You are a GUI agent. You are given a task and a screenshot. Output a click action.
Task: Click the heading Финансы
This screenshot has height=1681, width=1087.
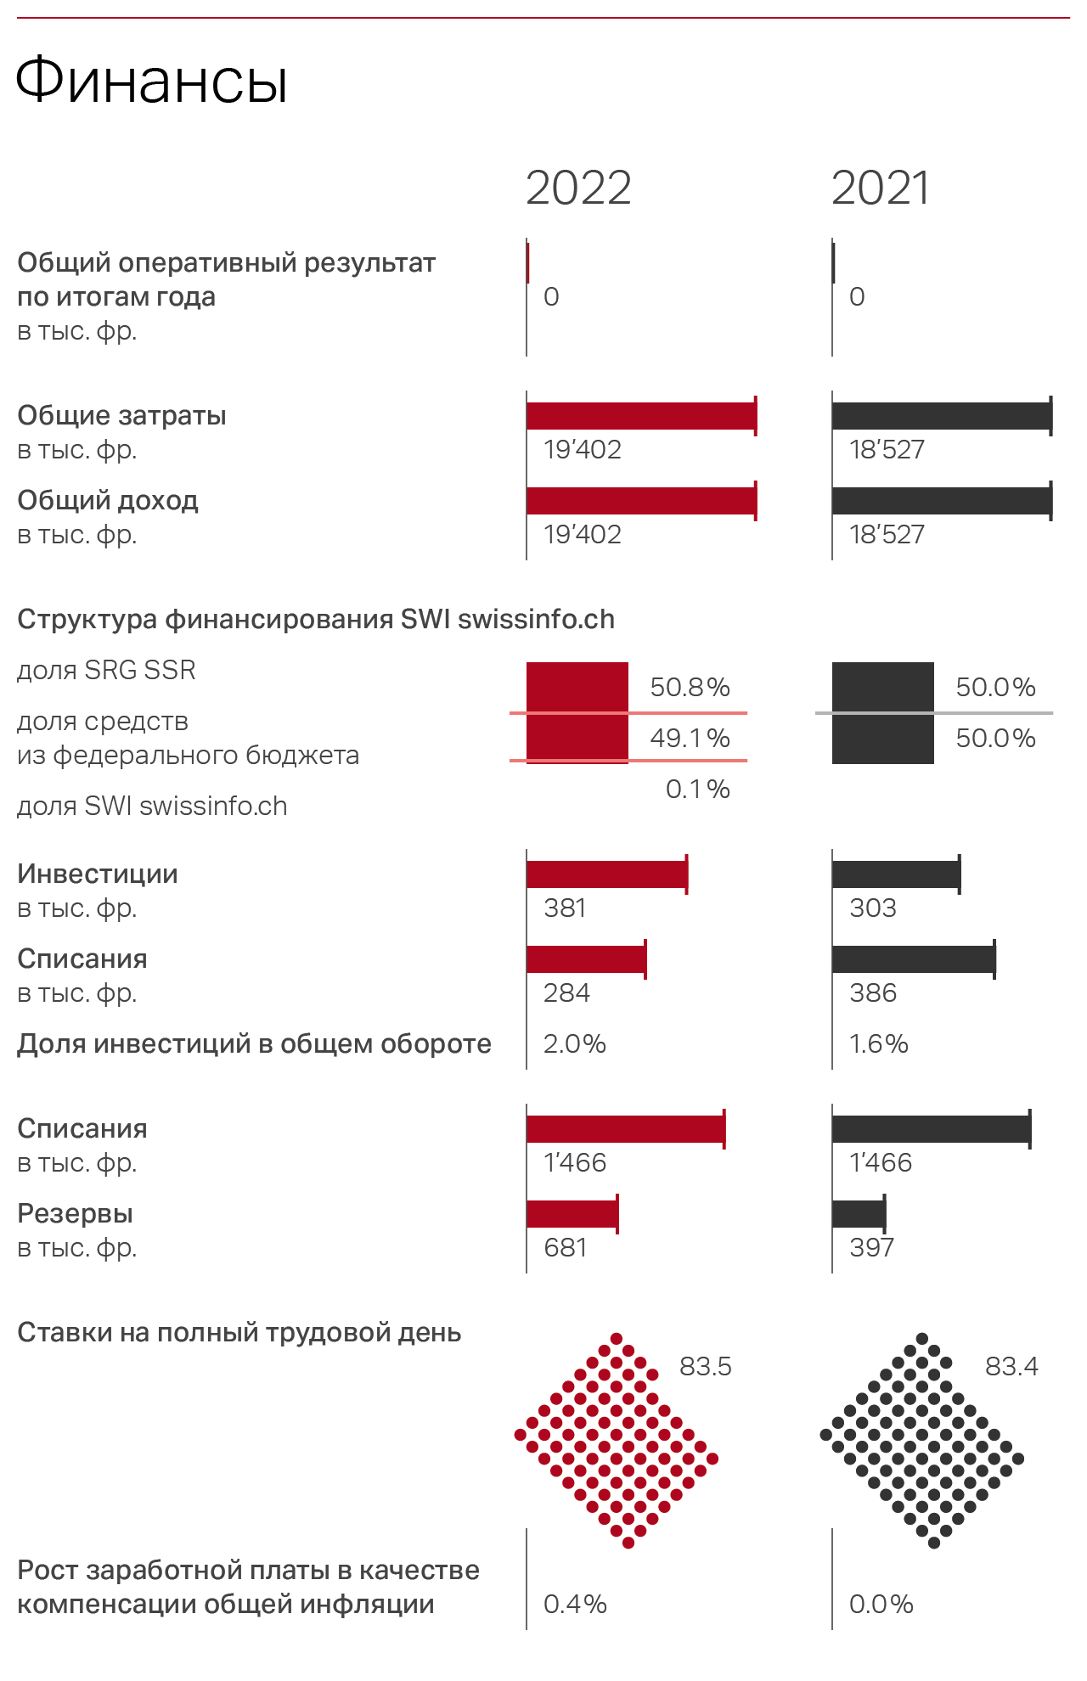pyautogui.click(x=152, y=82)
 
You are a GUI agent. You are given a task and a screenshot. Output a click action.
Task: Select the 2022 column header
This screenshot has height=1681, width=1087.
pyautogui.click(x=578, y=188)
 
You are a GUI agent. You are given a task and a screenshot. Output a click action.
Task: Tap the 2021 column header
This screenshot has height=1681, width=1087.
pyautogui.click(x=881, y=188)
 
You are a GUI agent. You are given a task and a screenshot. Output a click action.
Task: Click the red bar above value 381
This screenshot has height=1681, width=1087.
pyautogui.click(x=606, y=874)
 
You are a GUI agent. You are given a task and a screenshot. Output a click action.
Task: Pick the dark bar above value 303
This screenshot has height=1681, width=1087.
pyautogui.click(x=896, y=874)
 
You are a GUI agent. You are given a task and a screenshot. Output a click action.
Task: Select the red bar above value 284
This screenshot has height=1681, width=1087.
pyautogui.click(x=586, y=959)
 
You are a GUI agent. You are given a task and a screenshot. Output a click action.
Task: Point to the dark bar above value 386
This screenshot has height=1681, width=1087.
pyautogui.click(x=913, y=959)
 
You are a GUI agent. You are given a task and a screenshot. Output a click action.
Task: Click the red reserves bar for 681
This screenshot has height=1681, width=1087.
pyautogui.click(x=572, y=1214)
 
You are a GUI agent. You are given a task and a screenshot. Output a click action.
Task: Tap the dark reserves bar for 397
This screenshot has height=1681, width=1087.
pyautogui.click(x=859, y=1214)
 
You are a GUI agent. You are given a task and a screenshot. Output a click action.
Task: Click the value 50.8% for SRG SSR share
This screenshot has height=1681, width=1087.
pyautogui.click(x=690, y=687)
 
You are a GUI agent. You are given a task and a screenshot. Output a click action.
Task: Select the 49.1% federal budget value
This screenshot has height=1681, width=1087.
pyautogui.click(x=690, y=738)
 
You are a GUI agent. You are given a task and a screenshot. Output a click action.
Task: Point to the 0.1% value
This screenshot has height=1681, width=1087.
pyautogui.click(x=697, y=789)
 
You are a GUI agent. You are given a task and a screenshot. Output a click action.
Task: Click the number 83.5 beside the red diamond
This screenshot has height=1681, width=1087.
pyautogui.click(x=705, y=1366)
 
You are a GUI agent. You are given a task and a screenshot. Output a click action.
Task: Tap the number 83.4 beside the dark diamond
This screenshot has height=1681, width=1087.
pyautogui.click(x=1011, y=1366)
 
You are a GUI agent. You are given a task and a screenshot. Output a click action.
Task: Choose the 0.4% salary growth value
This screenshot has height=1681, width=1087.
pyautogui.click(x=575, y=1604)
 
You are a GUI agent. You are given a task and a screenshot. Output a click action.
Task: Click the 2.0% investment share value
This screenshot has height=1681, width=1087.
pyautogui.click(x=574, y=1043)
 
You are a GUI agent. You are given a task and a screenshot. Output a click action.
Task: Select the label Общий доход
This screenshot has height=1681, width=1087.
pyautogui.click(x=108, y=500)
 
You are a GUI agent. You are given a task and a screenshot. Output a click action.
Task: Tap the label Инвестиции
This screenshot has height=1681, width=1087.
pyautogui.click(x=98, y=874)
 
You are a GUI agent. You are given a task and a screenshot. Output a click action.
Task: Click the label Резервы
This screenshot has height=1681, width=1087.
pyautogui.click(x=75, y=1213)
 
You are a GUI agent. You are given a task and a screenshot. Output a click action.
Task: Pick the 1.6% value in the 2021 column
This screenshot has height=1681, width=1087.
pyautogui.click(x=878, y=1043)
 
